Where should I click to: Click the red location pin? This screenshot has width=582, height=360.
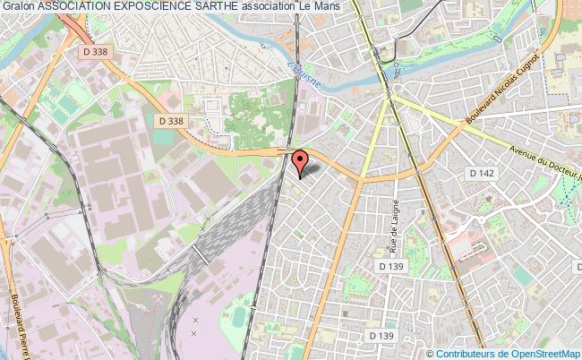pyautogui.click(x=301, y=160)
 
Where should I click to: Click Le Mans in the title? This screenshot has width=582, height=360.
pyautogui.click(x=321, y=7)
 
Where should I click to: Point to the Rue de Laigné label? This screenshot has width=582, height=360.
pyautogui.click(x=393, y=224)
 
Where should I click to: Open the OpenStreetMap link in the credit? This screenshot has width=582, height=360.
pyautogui.click(x=540, y=353)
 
